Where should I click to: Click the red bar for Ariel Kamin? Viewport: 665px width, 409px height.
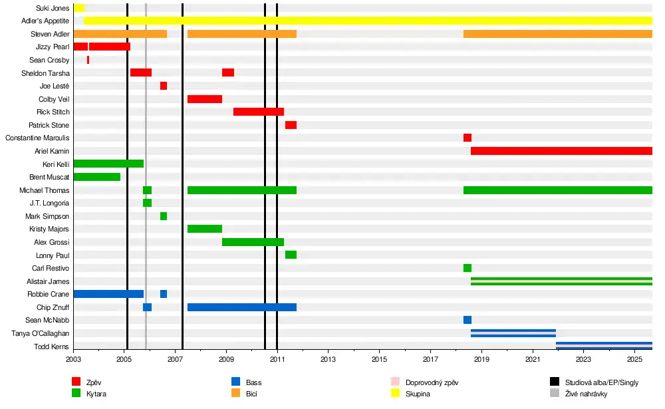coord(561,151)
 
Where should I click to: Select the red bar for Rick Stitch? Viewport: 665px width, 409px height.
coord(259,112)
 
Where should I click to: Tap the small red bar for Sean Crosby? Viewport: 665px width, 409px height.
coord(88,60)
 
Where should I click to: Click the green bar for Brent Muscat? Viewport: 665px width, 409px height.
coord(96,177)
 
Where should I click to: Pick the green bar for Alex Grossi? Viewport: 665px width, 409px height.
coord(253,242)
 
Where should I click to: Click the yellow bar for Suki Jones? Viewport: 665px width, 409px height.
coord(79,8)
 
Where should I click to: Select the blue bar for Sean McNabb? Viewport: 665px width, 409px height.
coord(467,320)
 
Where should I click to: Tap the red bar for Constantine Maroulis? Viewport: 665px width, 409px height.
coord(467,138)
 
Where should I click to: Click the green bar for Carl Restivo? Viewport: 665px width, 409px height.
coord(467,268)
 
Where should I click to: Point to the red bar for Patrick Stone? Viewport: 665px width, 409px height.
coord(291,125)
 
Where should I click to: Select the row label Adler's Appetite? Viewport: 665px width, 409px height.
coord(45,21)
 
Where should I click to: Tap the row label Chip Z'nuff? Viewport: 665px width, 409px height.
coord(53,307)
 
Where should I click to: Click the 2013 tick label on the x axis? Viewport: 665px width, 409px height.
coord(328,360)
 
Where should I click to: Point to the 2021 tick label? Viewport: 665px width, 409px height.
coord(532,360)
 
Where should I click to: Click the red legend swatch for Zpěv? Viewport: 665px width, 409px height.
coord(76,382)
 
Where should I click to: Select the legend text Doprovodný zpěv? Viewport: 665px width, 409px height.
coord(432,382)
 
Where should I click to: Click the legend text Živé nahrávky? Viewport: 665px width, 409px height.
coord(586,394)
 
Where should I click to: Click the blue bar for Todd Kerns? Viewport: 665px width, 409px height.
coord(604,346)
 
